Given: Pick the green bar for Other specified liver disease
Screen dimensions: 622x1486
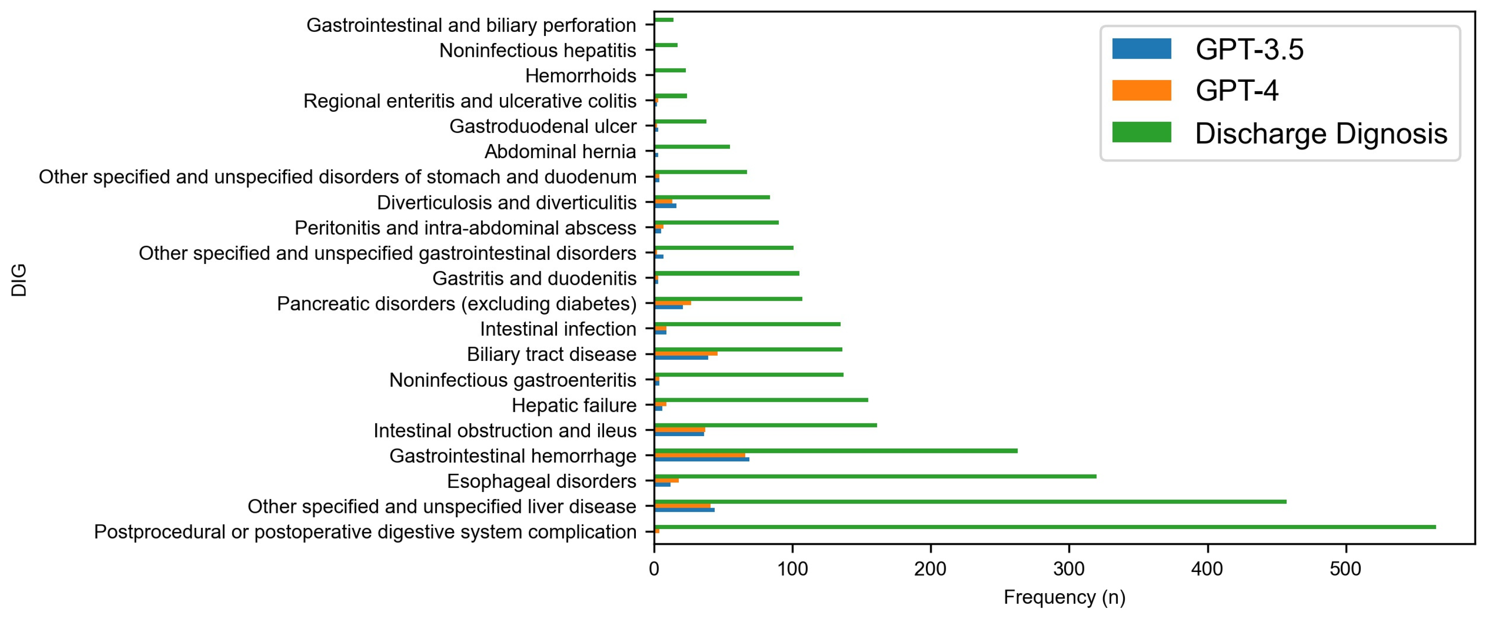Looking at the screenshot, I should [x=970, y=501].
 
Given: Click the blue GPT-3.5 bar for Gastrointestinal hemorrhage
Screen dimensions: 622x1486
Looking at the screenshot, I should [x=701, y=459].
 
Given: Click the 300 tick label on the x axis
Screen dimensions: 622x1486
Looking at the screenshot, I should [x=1068, y=569].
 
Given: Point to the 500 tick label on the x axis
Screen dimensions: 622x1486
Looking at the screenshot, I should [x=1345, y=569].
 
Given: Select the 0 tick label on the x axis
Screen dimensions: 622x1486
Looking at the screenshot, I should [x=654, y=569].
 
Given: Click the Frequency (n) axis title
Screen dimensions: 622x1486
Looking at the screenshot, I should [x=1064, y=597].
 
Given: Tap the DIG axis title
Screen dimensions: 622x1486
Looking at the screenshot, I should [x=19, y=280].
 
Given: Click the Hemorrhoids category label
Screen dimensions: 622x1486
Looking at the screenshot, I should [x=580, y=76].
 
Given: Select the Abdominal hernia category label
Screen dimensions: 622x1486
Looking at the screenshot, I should [x=560, y=152].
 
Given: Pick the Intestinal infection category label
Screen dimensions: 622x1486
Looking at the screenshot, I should [x=558, y=329].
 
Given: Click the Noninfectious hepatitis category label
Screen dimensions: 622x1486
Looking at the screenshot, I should [x=537, y=50].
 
